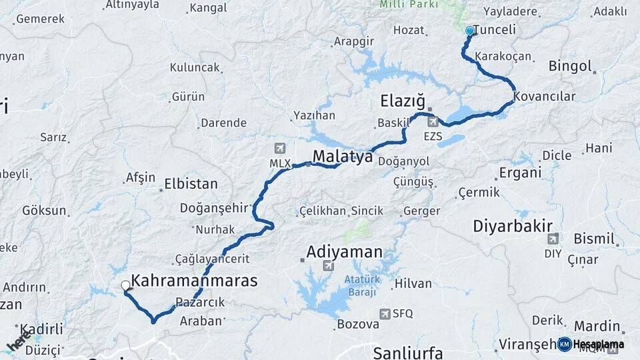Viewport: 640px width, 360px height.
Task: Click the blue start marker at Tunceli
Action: [x=470, y=31]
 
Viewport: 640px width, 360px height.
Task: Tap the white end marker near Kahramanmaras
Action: [x=125, y=286]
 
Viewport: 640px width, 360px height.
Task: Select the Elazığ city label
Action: [x=402, y=101]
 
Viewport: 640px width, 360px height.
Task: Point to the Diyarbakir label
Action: [x=513, y=225]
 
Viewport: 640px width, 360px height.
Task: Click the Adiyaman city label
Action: [x=344, y=252]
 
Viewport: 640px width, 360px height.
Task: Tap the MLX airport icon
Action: [x=279, y=147]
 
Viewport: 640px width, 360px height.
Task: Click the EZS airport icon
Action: [x=433, y=122]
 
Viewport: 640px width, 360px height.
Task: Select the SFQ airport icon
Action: [x=385, y=313]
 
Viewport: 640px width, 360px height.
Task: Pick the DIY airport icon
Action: [x=553, y=239]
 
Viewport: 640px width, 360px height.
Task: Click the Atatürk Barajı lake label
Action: [x=361, y=286]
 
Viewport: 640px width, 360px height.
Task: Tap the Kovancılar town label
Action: [x=544, y=97]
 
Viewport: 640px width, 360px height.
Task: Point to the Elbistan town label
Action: [x=191, y=184]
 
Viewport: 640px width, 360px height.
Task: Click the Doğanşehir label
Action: [x=215, y=208]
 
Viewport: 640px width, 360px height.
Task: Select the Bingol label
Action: [x=570, y=66]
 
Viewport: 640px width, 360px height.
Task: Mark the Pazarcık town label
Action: [x=200, y=302]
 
